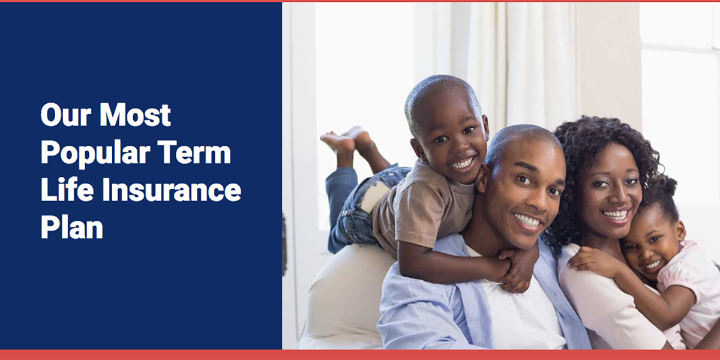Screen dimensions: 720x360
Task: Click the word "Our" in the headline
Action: coord(66,115)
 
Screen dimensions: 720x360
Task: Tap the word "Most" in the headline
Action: coord(135,115)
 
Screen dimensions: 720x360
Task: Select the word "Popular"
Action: coord(95,154)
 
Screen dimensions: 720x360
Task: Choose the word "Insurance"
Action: coord(172,190)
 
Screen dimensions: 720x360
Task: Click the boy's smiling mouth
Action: coord(462,164)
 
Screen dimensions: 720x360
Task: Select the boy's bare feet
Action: coord(347,140)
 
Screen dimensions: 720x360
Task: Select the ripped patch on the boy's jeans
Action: coord(374,196)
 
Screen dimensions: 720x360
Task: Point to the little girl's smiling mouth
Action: coord(653,265)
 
